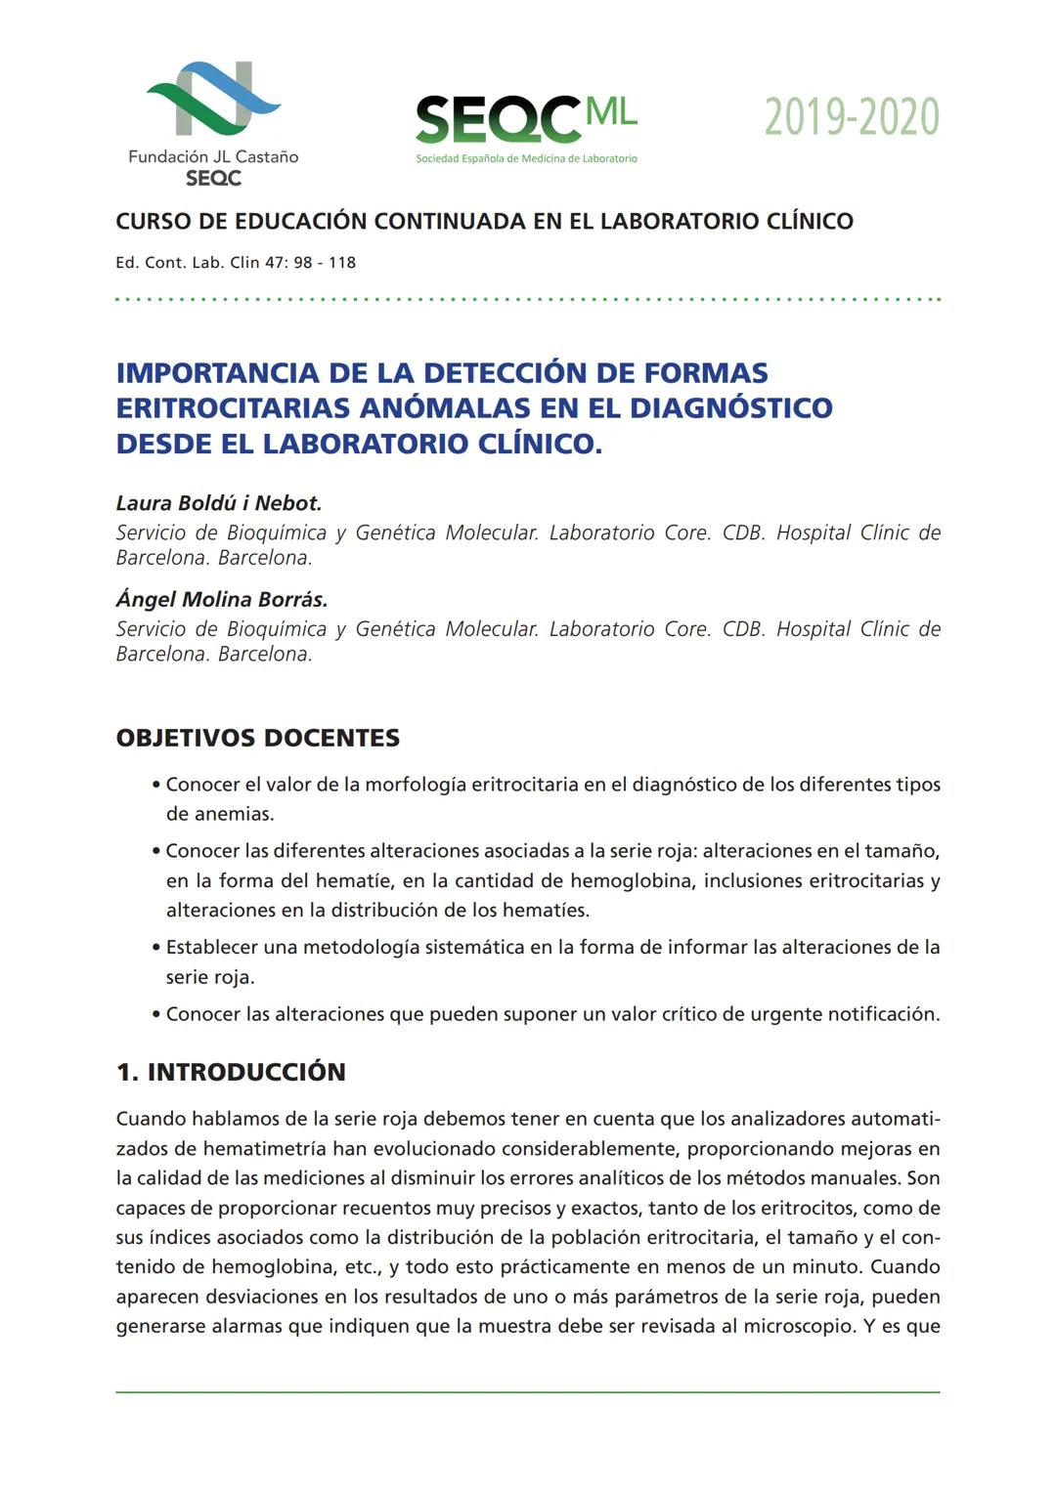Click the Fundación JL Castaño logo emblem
(213, 98)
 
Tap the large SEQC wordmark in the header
(498, 120)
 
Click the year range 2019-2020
(851, 117)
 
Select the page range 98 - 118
(325, 263)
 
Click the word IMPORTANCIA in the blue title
(217, 373)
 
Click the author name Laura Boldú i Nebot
(219, 503)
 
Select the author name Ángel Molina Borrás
(222, 600)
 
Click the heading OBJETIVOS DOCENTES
(258, 738)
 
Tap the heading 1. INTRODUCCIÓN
(231, 1072)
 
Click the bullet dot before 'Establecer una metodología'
(156, 948)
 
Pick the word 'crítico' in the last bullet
(680, 1014)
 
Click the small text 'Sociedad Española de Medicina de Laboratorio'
(526, 158)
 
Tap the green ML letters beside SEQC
(611, 112)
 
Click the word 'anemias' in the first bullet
(219, 814)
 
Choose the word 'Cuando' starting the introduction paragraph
(150, 1119)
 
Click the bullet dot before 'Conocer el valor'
(156, 785)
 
